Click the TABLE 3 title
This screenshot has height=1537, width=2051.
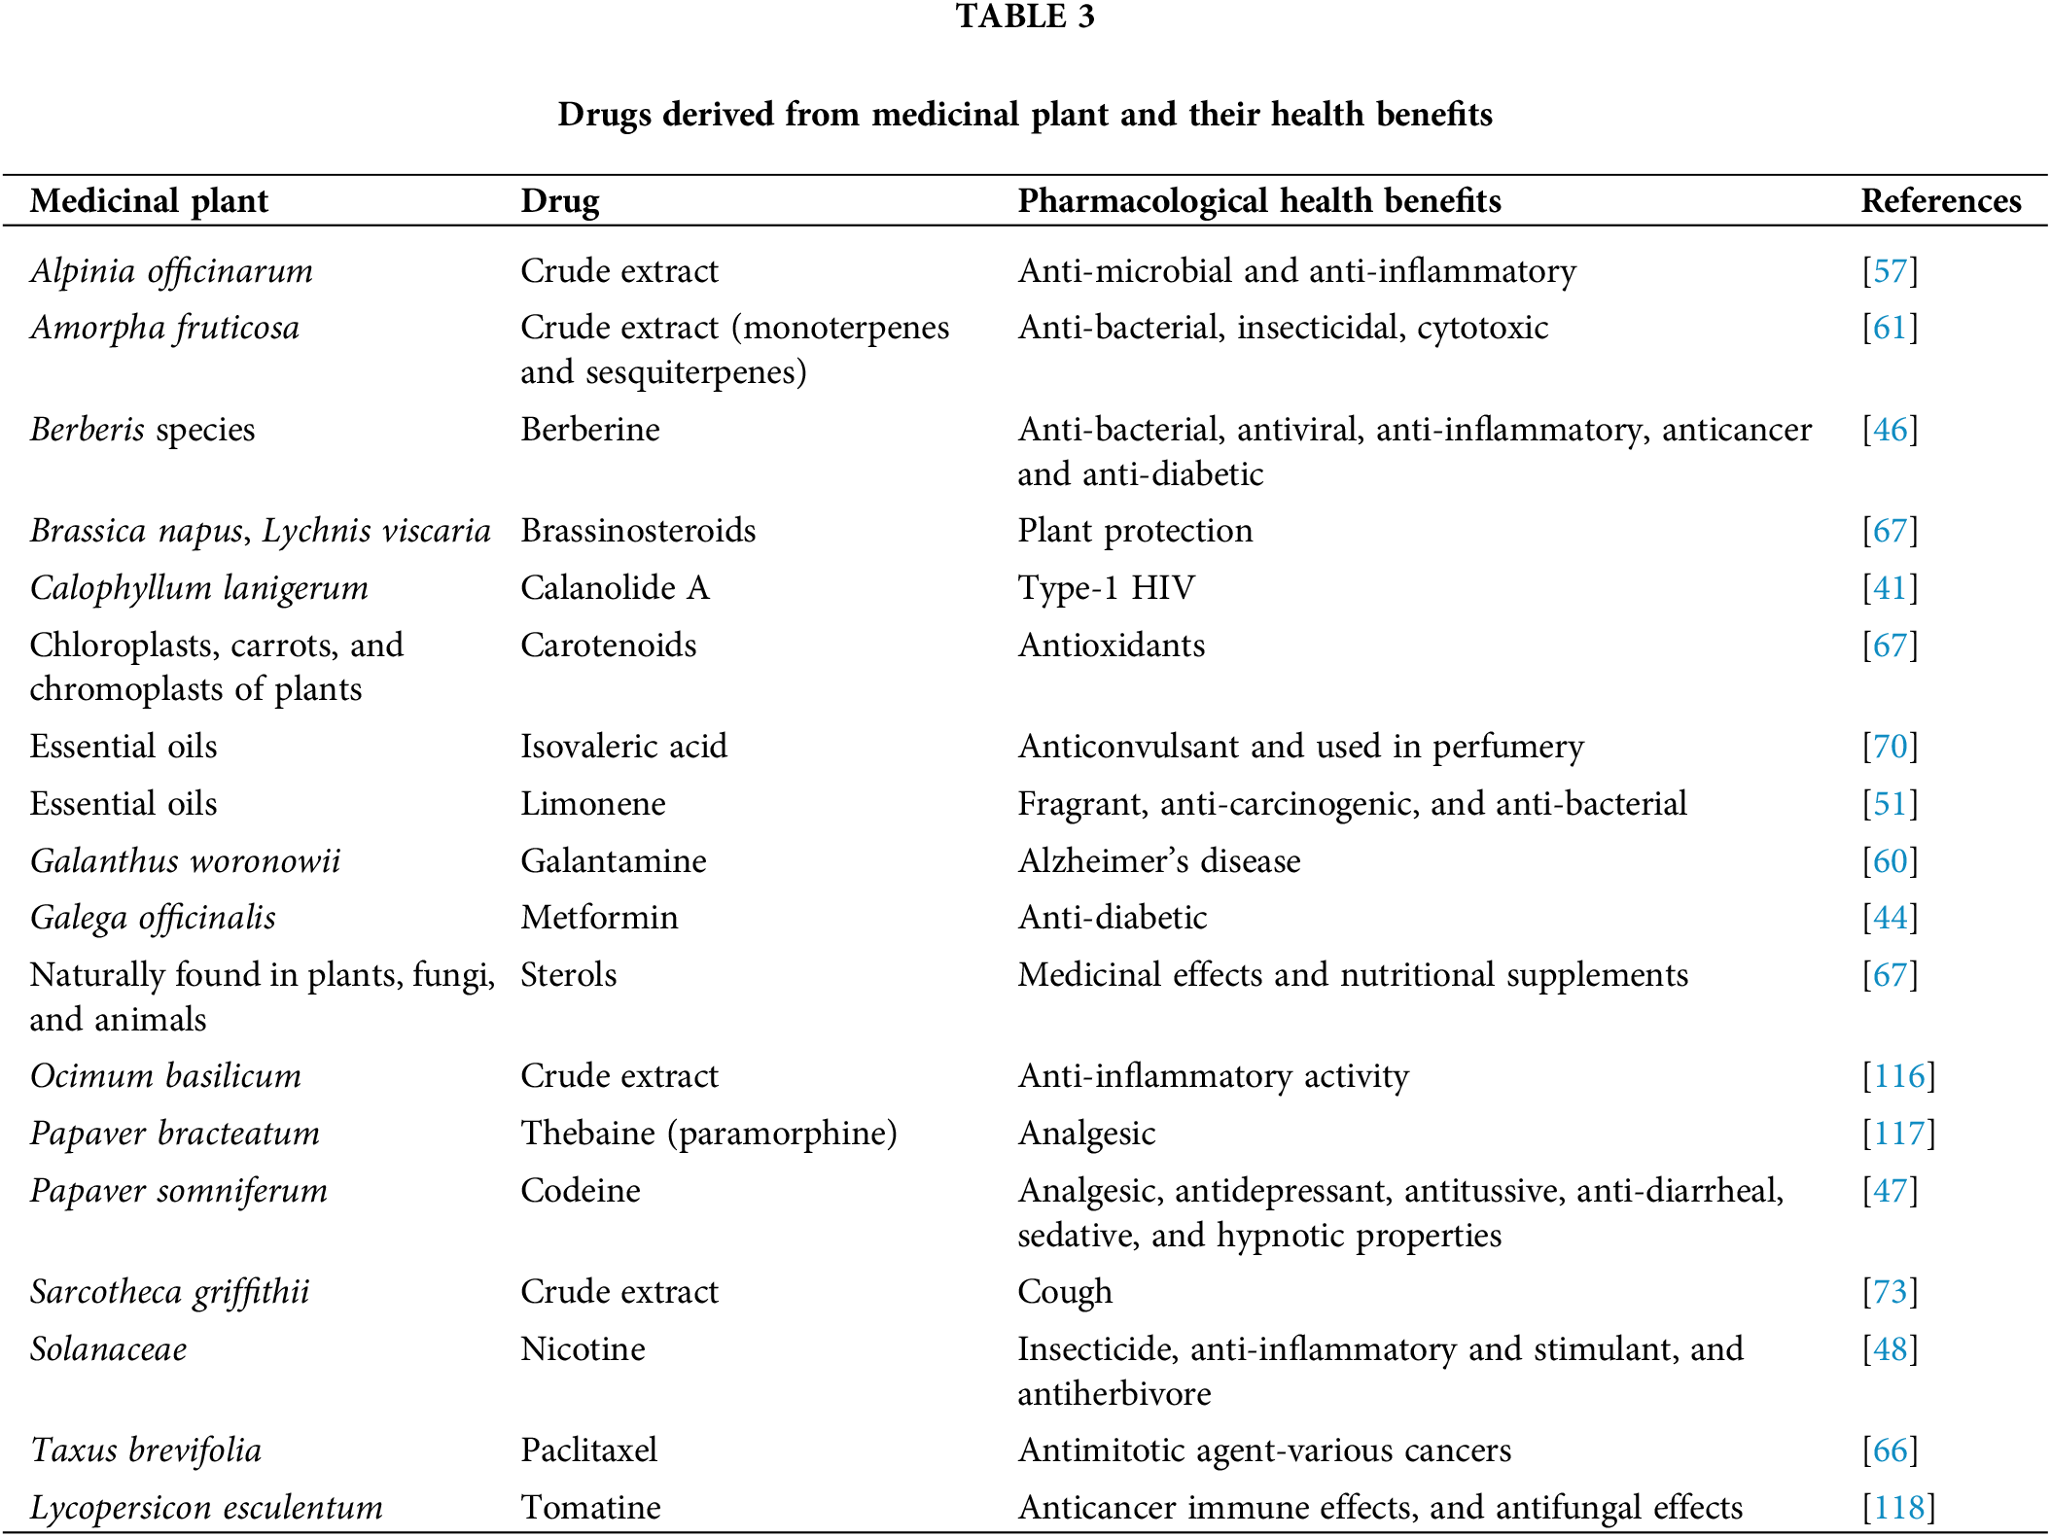1025,17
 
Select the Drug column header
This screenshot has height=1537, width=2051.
560,201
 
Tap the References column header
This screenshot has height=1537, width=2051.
1940,201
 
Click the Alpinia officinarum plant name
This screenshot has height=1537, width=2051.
172,271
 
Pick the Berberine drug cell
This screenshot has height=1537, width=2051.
590,430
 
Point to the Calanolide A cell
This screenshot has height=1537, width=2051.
615,588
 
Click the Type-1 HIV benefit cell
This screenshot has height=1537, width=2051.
1106,588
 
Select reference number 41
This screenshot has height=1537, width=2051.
1890,588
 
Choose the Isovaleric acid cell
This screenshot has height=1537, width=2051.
623,747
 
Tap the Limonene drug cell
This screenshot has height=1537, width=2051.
593,804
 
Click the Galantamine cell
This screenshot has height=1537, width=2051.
614,861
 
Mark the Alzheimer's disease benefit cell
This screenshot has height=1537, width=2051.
1158,861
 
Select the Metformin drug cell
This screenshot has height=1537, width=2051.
599,918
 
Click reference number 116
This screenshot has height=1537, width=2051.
1898,1076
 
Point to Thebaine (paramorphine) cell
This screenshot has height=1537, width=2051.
709,1134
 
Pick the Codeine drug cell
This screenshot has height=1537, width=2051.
581,1191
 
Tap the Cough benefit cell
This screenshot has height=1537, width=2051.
1065,1292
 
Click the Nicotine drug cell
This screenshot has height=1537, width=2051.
583,1349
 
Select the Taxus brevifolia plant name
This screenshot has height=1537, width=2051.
146,1450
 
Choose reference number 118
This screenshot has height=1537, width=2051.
1898,1508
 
